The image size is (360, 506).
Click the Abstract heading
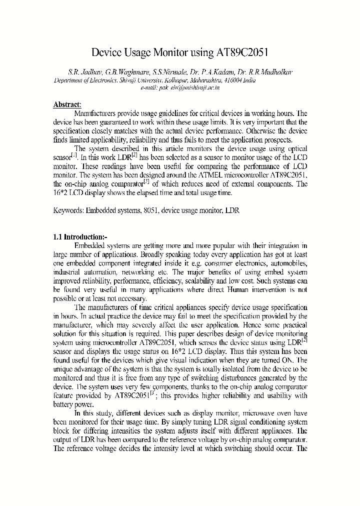[x=67, y=104]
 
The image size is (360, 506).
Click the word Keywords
[x=69, y=210]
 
